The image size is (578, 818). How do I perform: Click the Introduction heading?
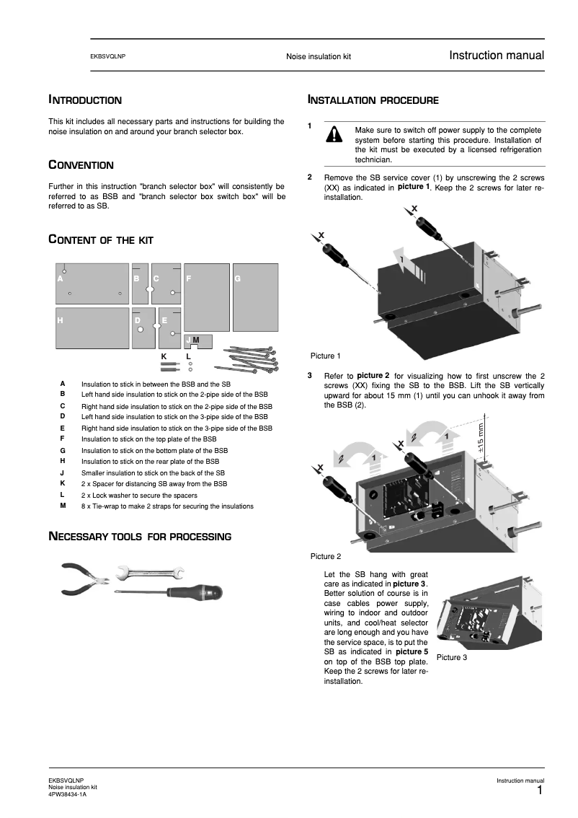click(84, 100)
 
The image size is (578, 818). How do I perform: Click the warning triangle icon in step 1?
click(334, 136)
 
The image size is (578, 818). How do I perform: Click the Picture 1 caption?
click(326, 356)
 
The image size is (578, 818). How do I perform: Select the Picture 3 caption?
click(451, 657)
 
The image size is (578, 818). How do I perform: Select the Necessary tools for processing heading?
click(139, 537)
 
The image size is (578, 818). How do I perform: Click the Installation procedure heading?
click(373, 100)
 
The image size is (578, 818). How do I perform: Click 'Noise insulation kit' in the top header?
click(318, 56)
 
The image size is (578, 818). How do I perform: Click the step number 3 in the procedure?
click(310, 376)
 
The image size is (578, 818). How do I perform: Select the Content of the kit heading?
click(100, 239)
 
